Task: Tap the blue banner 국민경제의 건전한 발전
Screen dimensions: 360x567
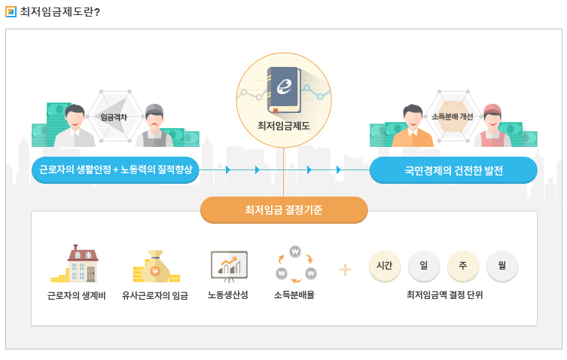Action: coord(453,170)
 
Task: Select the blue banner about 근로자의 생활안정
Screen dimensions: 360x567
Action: coord(115,170)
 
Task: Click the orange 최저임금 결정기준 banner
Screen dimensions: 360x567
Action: coord(284,209)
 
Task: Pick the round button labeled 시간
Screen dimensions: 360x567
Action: coord(385,265)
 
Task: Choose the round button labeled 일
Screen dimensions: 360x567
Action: coord(424,265)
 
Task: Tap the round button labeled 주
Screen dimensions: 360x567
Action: coord(463,265)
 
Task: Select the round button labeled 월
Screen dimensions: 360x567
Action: coord(502,265)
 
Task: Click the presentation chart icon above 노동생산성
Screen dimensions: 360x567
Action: coord(229,264)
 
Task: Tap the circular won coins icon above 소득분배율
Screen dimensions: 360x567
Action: coord(295,264)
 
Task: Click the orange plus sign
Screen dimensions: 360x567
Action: coord(345,269)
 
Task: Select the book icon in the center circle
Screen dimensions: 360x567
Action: coord(284,89)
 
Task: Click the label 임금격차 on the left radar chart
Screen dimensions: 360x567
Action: coord(114,117)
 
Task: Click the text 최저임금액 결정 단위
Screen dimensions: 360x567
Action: coord(444,294)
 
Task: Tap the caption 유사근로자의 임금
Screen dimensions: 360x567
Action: coord(155,295)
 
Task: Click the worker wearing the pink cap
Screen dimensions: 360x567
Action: coord(492,124)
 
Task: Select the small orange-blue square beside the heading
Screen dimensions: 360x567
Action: coord(11,11)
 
